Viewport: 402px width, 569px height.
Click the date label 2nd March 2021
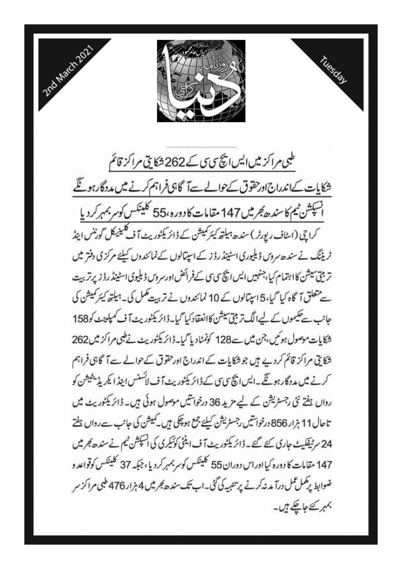69,73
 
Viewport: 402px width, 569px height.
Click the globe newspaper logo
201,81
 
